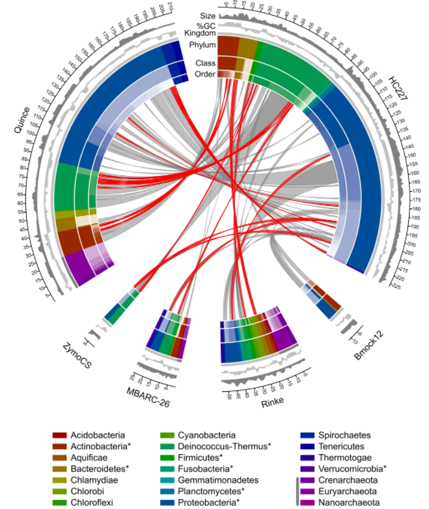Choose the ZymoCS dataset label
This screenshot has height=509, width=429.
pyautogui.click(x=77, y=355)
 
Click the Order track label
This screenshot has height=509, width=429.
pyautogui.click(x=206, y=74)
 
